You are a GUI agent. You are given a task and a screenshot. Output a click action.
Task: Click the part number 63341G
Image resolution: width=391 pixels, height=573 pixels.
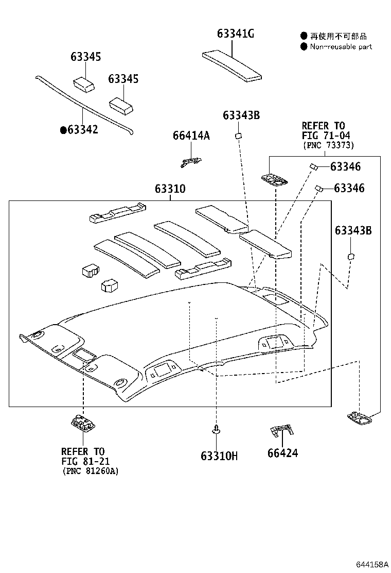point(235,34)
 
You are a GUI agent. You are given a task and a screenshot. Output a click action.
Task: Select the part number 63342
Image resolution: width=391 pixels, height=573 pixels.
point(83,130)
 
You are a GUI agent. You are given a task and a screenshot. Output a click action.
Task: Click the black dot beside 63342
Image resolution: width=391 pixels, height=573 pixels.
point(63,130)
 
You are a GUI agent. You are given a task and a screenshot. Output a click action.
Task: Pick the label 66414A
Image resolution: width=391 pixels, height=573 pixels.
point(191,136)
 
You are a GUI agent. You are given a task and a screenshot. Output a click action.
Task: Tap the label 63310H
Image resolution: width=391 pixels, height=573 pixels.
point(219,456)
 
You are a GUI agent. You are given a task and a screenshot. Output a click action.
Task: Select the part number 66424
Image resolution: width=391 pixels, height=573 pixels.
point(282,453)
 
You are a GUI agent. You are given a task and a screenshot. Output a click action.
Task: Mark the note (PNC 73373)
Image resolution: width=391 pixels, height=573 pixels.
point(328,145)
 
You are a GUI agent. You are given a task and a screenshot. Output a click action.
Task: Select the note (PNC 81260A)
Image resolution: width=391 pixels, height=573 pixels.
point(90,470)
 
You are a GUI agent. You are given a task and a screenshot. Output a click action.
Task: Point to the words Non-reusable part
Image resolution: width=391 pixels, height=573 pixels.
point(341,46)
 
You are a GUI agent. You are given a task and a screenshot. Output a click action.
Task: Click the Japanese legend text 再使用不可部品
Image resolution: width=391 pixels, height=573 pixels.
point(338,36)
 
